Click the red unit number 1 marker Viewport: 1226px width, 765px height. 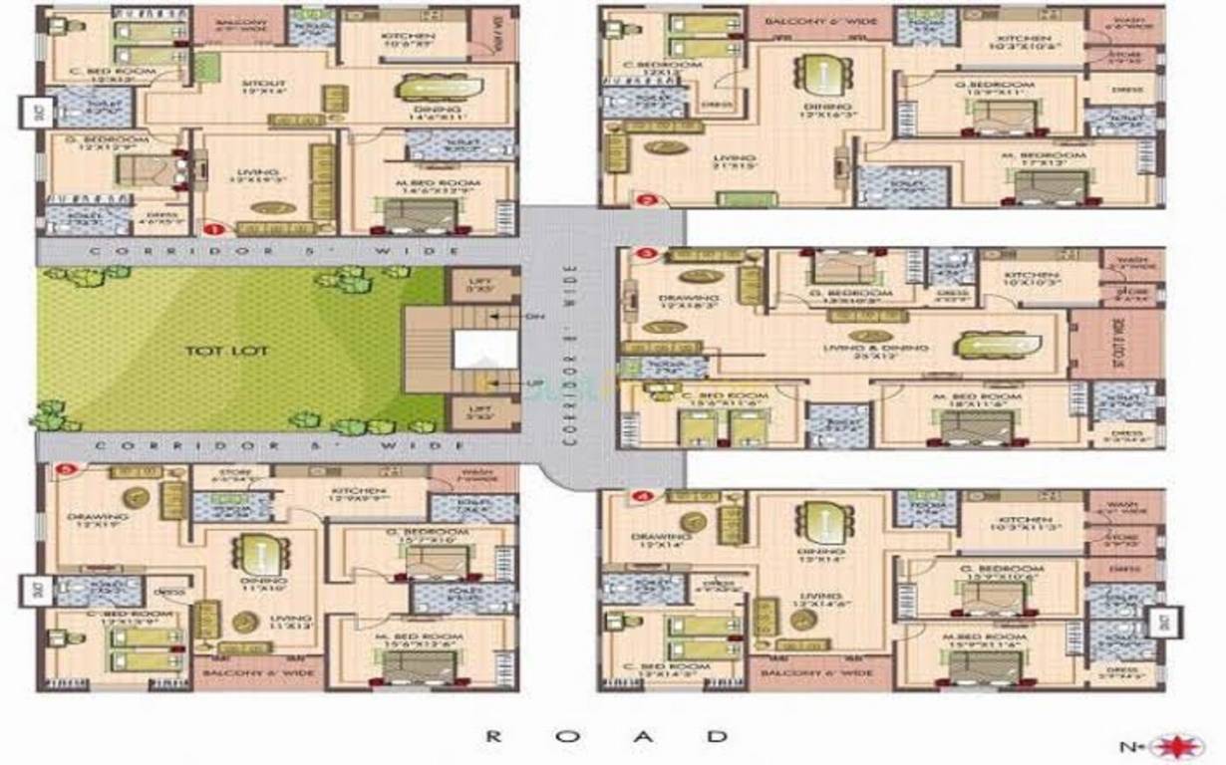point(210,228)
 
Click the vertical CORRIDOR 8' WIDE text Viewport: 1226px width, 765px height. point(571,354)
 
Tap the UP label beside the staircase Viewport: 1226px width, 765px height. point(534,382)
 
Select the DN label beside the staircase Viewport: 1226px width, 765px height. point(534,317)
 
